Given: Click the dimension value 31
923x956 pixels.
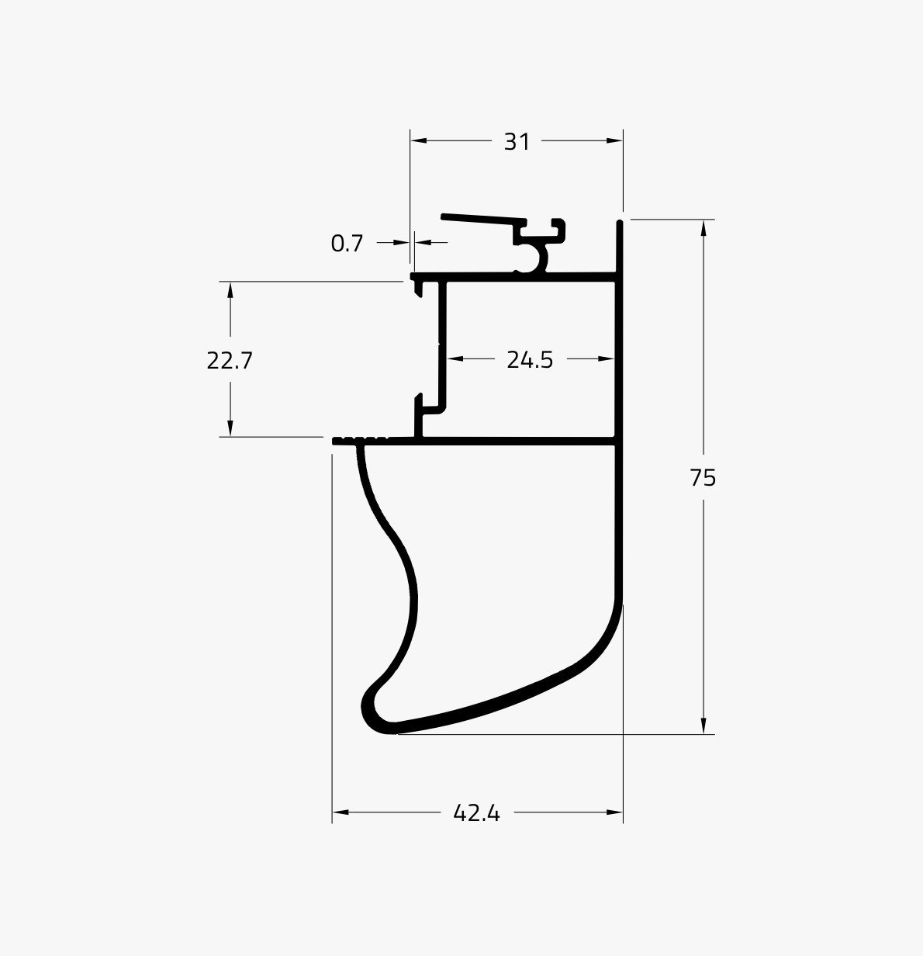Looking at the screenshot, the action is (517, 142).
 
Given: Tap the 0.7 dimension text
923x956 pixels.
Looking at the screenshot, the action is (347, 244).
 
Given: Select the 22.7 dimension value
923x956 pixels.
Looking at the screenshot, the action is (230, 361).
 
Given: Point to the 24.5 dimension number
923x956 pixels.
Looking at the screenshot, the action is (530, 359).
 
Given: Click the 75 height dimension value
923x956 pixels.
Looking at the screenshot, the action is (703, 477).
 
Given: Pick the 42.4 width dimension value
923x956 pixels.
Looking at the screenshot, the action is (477, 813).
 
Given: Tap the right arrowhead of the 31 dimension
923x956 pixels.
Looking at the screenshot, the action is (614, 141).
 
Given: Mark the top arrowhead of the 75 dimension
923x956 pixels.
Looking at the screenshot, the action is (703, 228).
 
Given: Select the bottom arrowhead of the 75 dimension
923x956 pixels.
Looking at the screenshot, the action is (703, 726).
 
